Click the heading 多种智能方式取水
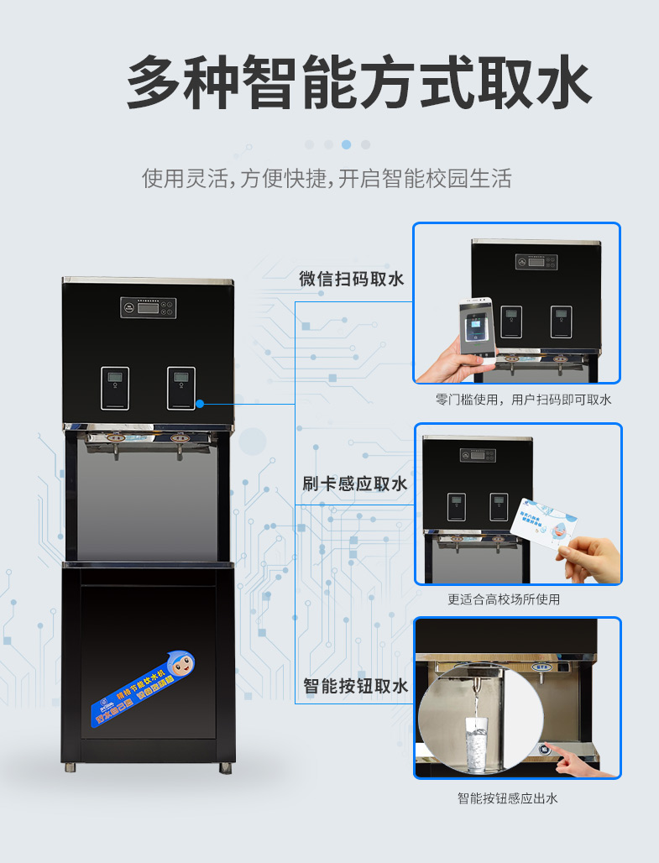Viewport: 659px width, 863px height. pyautogui.click(x=359, y=82)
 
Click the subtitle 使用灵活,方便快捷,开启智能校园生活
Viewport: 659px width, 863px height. pyautogui.click(x=327, y=179)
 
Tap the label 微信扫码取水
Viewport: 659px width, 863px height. pyautogui.click(x=352, y=280)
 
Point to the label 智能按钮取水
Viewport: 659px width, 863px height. pyautogui.click(x=355, y=687)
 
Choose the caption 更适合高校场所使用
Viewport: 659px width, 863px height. pyautogui.click(x=515, y=599)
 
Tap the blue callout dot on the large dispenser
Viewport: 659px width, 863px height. pyautogui.click(x=200, y=404)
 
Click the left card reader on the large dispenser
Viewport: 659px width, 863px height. pyautogui.click(x=115, y=388)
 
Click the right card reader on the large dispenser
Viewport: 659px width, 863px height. pyautogui.click(x=180, y=388)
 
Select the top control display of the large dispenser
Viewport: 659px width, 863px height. pyautogui.click(x=148, y=307)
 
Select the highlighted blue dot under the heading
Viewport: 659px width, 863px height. pyautogui.click(x=347, y=144)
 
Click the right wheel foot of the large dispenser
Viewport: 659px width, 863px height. pyautogui.click(x=225, y=766)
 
